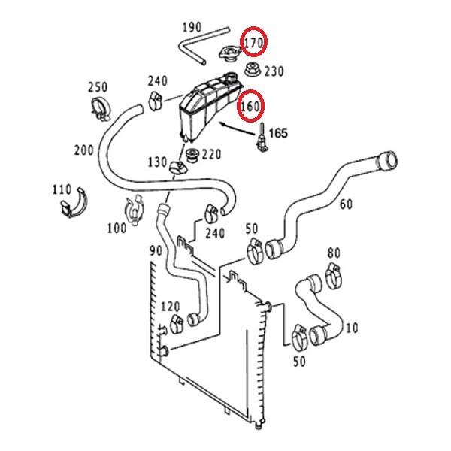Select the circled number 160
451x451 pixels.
click(x=250, y=106)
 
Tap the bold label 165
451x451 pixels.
click(x=277, y=133)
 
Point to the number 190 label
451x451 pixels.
click(x=192, y=27)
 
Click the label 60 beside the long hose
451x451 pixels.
click(x=346, y=204)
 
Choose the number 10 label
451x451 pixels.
click(x=353, y=327)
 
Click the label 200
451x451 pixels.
click(x=84, y=150)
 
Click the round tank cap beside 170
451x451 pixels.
click(x=226, y=55)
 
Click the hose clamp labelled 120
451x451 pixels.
click(x=179, y=325)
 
